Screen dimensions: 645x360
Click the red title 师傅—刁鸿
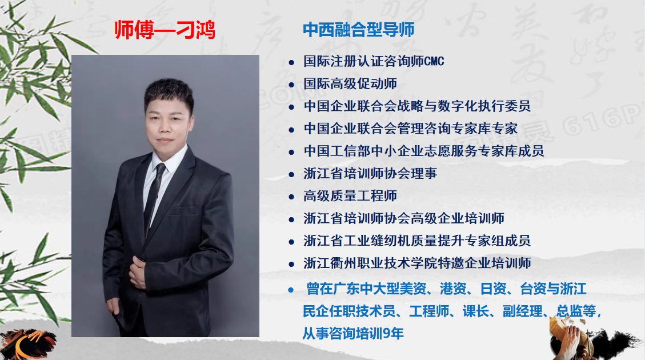(x=165, y=30)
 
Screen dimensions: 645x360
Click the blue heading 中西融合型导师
(x=359, y=30)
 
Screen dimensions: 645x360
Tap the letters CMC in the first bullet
(x=434, y=62)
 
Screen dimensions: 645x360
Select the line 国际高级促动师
(x=350, y=83)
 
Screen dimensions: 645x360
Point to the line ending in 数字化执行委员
(x=417, y=106)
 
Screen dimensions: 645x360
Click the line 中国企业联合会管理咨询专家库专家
(x=411, y=129)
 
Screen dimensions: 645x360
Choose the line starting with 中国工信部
(x=424, y=151)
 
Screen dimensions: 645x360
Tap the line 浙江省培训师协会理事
(x=370, y=173)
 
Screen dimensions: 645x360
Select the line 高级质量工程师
(x=350, y=196)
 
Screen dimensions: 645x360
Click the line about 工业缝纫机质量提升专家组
(x=417, y=241)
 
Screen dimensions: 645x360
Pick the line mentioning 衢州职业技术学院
(x=417, y=263)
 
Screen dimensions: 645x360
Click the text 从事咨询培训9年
(x=353, y=333)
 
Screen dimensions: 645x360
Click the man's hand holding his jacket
(x=137, y=271)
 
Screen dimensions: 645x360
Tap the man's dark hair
(x=169, y=93)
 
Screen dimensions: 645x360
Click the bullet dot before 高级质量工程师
(x=291, y=197)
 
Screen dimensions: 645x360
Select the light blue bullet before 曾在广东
(x=291, y=290)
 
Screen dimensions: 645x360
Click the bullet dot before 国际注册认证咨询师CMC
(x=291, y=62)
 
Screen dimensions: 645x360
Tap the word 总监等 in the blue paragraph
(x=576, y=311)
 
